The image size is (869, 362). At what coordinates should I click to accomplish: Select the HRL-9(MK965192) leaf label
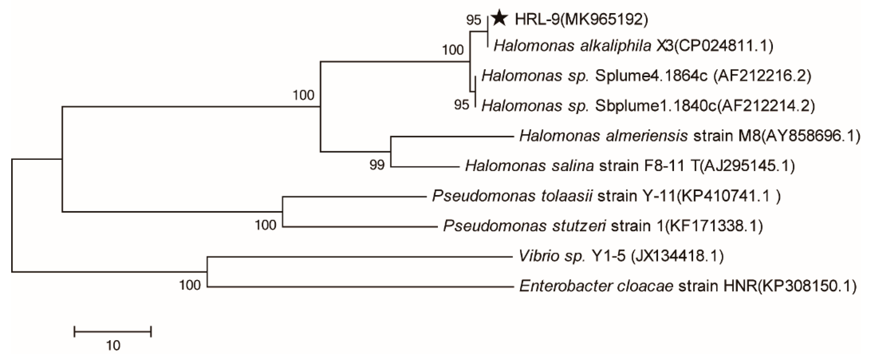point(581,20)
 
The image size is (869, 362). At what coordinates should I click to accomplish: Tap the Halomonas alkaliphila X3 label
point(633,46)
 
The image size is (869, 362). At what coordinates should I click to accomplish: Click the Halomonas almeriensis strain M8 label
point(689,136)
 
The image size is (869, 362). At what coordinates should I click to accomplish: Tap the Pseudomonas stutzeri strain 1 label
point(603,226)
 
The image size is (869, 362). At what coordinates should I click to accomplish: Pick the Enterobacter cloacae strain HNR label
point(688,286)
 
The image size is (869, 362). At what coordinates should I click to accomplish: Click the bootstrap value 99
point(377,165)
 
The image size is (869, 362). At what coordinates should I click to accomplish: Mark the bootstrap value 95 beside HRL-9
point(473,20)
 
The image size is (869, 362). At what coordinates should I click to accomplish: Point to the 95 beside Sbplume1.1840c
point(461,105)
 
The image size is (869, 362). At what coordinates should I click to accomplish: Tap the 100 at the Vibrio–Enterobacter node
point(190,286)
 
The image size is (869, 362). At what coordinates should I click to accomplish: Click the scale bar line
point(113,332)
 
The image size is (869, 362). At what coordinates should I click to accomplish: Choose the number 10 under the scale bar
point(113,346)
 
